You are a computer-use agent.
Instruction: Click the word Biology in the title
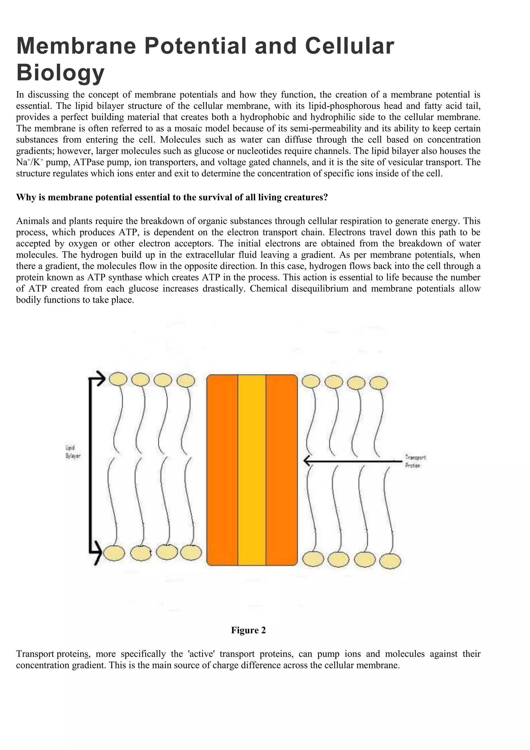pos(60,73)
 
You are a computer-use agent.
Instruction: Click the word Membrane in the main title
pos(76,46)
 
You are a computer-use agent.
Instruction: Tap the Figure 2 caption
pos(248,630)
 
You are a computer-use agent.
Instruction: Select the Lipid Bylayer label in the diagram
pos(73,452)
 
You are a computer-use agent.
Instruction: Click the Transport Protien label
pos(415,461)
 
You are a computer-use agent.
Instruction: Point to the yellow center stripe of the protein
pos(252,470)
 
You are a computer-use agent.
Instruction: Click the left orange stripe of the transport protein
pos(222,470)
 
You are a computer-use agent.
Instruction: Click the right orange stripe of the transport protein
pos(281,470)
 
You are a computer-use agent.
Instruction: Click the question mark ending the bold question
pos(325,197)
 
